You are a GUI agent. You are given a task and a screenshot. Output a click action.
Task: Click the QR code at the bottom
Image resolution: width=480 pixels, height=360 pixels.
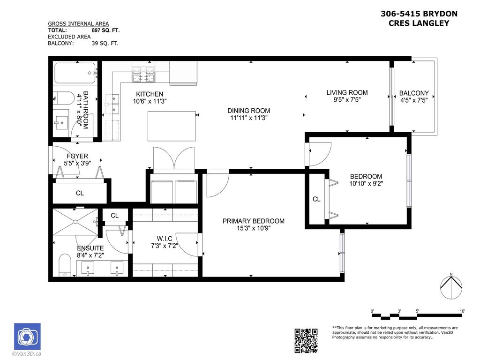click(x=306, y=341)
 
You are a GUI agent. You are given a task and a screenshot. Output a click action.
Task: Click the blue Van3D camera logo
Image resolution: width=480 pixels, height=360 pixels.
click(x=27, y=337)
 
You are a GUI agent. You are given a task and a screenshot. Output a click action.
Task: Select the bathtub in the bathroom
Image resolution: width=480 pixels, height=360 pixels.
click(x=75, y=73)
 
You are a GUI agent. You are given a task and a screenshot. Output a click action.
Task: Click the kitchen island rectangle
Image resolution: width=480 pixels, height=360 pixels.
click(x=172, y=126)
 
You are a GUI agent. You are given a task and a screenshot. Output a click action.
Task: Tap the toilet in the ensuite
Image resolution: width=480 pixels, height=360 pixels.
click(x=64, y=266)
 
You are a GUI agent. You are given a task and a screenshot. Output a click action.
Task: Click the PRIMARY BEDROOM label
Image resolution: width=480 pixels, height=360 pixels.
click(x=253, y=221)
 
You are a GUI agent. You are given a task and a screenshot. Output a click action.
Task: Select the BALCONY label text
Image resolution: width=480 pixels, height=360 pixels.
click(x=413, y=93)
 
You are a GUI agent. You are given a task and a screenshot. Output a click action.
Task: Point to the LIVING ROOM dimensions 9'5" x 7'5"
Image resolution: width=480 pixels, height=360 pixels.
click(x=347, y=100)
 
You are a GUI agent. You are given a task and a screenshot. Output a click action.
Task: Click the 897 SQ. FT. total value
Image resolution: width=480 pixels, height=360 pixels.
click(x=105, y=30)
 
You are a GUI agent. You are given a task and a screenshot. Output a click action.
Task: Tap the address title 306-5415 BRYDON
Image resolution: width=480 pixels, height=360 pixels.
click(x=419, y=14)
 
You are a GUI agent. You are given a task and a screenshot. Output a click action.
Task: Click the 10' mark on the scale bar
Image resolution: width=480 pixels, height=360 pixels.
click(x=462, y=311)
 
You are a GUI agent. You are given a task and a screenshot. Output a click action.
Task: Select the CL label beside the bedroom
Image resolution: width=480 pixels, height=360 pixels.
click(x=316, y=199)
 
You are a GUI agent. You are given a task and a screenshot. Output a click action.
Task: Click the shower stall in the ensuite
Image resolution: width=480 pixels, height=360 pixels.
click(x=75, y=222)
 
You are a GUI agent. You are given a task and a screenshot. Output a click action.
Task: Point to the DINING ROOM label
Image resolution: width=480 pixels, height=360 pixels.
click(x=249, y=111)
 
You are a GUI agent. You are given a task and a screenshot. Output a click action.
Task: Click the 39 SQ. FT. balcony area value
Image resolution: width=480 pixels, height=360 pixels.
click(x=105, y=43)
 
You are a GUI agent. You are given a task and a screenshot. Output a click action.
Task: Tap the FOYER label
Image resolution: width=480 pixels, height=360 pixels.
click(x=77, y=156)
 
